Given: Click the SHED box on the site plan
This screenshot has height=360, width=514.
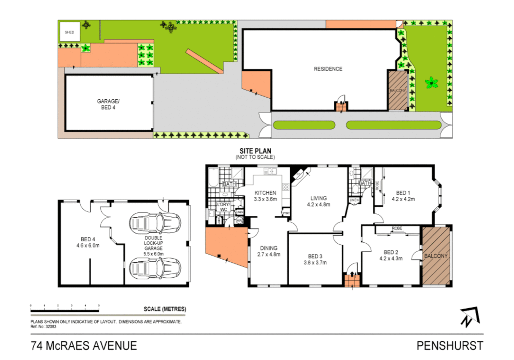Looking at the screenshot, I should tap(70, 32).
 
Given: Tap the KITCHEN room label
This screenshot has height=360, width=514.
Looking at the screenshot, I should tap(265, 193).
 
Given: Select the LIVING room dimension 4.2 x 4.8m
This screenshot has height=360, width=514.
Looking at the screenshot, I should tap(318, 205).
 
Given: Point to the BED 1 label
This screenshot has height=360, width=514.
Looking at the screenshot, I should tap(403, 193).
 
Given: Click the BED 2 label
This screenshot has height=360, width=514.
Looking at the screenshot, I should tap(391, 252).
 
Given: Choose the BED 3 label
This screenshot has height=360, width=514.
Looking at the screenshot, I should tap(315, 256).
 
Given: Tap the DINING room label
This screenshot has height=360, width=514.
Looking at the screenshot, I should tap(268, 248).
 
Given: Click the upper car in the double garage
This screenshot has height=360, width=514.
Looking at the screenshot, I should tap(155, 223).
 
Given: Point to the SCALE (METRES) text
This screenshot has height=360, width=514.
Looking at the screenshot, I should tap(165, 309).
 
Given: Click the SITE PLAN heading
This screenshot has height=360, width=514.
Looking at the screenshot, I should tap(255, 151).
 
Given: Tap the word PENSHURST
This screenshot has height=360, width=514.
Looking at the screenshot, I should tap(450, 346).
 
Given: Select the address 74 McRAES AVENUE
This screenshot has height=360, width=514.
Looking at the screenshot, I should tap(84, 346).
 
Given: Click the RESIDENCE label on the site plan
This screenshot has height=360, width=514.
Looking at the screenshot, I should tap(328, 69).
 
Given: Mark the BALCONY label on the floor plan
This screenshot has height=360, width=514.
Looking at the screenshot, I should tap(436, 256).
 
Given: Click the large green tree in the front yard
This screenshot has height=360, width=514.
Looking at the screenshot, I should tap(432, 82).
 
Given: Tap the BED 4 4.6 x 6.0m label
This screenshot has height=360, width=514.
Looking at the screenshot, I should tap(88, 242).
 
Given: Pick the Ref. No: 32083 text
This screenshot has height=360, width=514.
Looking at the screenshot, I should tap(43, 327).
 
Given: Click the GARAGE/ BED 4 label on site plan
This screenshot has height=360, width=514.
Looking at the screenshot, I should tap(108, 104).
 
